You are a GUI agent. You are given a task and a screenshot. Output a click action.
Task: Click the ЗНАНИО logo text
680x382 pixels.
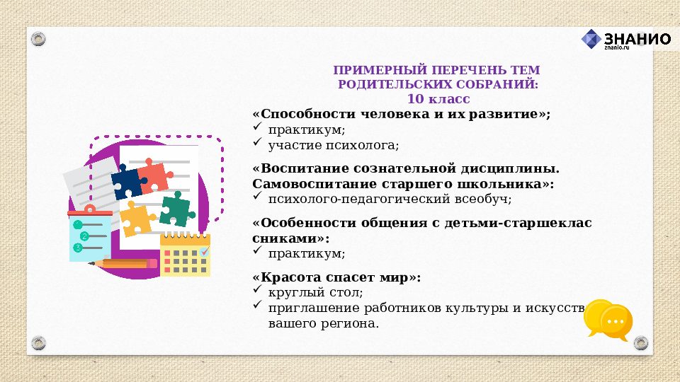pos(637,39)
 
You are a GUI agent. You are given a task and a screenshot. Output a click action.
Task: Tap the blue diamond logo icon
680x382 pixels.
pos(591,40)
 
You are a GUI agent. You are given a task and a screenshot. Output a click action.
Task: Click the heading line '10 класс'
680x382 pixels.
pos(438,99)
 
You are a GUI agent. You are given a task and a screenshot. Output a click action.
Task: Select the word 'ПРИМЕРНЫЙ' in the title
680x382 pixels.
pos(373,71)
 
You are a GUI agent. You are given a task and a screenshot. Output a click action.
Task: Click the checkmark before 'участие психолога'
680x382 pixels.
pos(257,144)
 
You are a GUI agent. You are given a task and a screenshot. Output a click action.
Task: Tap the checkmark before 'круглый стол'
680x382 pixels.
pos(257,291)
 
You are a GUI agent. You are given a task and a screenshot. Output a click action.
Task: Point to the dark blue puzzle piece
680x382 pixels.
pos(128,182)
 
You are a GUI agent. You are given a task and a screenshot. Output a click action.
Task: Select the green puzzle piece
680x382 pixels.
pos(175,209)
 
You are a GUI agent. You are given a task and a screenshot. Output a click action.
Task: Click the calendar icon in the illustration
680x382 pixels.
pos(185,254)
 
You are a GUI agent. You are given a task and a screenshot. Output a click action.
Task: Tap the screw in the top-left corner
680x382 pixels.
pos(39,38)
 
